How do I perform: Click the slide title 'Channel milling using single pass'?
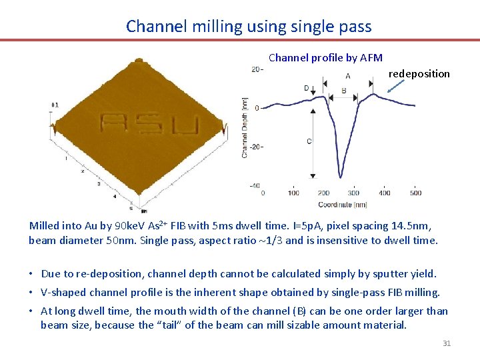click(x=249, y=26)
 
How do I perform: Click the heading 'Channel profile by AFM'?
click(x=325, y=58)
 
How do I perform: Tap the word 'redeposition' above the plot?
click(x=419, y=73)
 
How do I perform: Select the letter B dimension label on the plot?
click(x=343, y=91)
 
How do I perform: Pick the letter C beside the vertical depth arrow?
click(x=309, y=141)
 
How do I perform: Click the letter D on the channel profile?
click(x=307, y=88)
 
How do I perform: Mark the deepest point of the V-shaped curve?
click(x=341, y=177)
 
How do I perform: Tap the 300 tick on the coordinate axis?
click(x=353, y=193)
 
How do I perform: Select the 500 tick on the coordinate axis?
click(x=415, y=193)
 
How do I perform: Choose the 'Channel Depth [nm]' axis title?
click(x=245, y=127)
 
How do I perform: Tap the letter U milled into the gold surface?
click(x=186, y=125)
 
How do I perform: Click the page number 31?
click(x=447, y=343)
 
